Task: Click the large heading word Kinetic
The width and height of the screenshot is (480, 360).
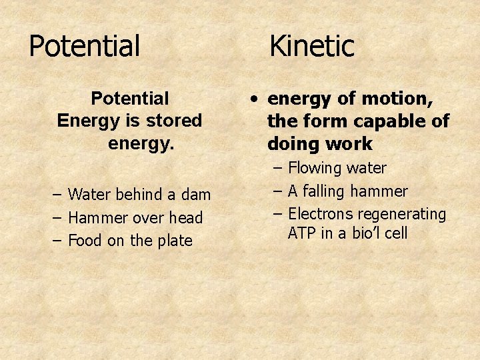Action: click(x=311, y=47)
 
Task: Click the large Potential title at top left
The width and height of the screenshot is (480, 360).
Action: click(x=85, y=47)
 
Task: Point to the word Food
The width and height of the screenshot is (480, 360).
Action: click(x=85, y=241)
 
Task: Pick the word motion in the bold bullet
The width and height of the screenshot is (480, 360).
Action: click(x=397, y=99)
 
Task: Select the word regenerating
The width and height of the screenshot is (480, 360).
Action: click(x=402, y=215)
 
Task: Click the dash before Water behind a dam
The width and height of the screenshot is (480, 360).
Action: click(x=57, y=195)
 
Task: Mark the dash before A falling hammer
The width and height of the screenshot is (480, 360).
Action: click(x=278, y=192)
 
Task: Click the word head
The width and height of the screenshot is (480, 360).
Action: click(x=189, y=218)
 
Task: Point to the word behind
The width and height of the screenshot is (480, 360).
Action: click(x=139, y=195)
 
